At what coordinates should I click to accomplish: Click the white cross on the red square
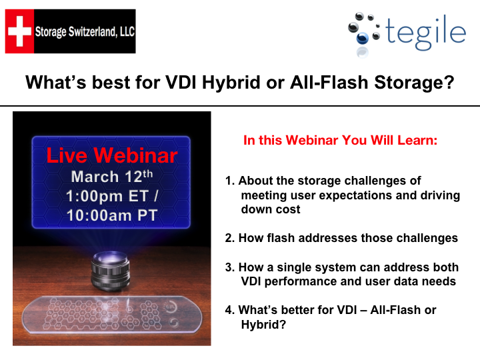pyautogui.click(x=19, y=31)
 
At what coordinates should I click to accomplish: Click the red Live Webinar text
pyautogui.click(x=112, y=156)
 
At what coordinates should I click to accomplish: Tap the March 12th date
pyautogui.click(x=111, y=177)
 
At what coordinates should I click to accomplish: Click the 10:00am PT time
pyautogui.click(x=112, y=215)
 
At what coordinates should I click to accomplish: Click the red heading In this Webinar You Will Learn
pyautogui.click(x=340, y=141)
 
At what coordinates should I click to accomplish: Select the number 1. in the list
pyautogui.click(x=230, y=181)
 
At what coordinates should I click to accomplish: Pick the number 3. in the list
pyautogui.click(x=230, y=267)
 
